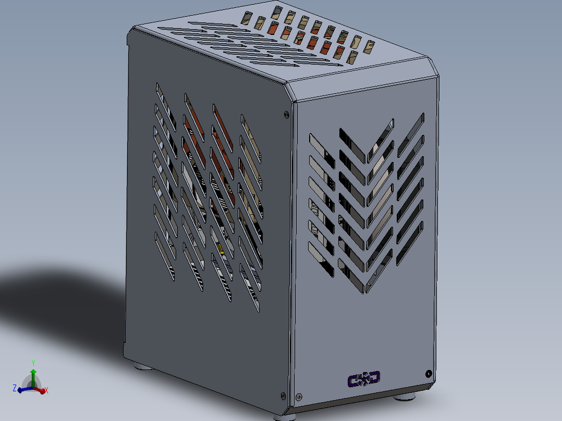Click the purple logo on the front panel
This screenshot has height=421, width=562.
pyautogui.click(x=364, y=379)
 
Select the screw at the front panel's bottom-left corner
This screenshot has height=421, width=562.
pyautogui.click(x=299, y=397)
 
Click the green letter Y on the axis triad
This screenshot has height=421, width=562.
pyautogui.click(x=33, y=363)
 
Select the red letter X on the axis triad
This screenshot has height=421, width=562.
pyautogui.click(x=46, y=390)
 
